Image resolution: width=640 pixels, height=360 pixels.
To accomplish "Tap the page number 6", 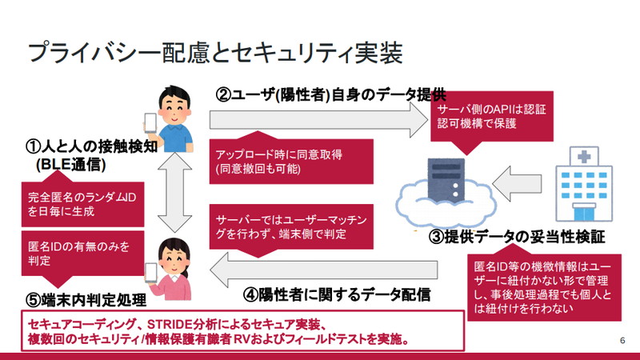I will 622,341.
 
